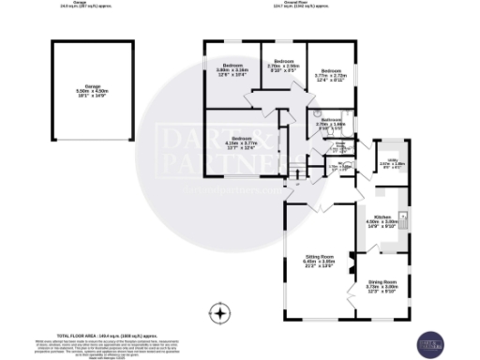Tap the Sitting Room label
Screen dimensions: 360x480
pos(319,260)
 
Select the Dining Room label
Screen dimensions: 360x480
pos(382,286)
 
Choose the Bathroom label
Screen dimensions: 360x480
pos(332,123)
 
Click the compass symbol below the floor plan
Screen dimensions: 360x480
pos(220,312)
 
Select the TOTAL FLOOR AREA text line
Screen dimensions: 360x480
pos(94,335)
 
